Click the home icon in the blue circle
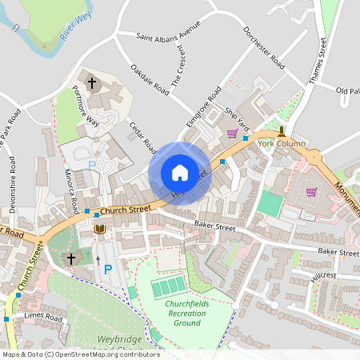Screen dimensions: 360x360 point(179,173)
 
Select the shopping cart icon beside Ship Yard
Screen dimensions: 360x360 point(232,134)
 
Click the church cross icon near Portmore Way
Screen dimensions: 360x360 point(91,82)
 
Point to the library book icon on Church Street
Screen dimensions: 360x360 point(99,230)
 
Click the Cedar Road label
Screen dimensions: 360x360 point(139,135)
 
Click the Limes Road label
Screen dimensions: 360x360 point(43,318)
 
